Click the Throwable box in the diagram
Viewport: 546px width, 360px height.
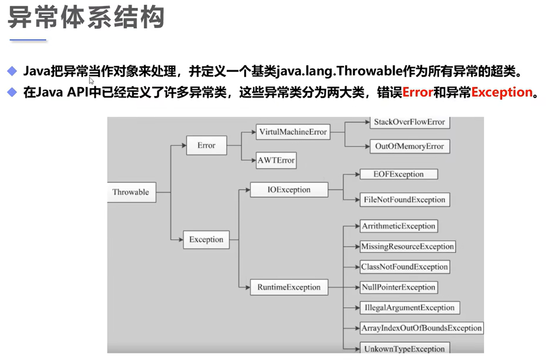coord(131,192)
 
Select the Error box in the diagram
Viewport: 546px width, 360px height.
coord(206,146)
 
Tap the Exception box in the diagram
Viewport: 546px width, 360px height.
coord(206,240)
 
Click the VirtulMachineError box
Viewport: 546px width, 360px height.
coord(293,132)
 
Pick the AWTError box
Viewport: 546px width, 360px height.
coord(276,160)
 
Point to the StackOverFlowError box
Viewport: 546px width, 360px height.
coord(409,122)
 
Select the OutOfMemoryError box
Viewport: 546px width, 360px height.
coord(409,146)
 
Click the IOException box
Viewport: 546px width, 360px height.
coord(289,190)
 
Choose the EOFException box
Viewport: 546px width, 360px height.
coord(399,174)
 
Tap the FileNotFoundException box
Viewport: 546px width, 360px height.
coord(405,200)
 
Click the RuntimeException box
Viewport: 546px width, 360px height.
coord(289,287)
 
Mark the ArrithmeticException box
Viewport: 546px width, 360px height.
coord(399,226)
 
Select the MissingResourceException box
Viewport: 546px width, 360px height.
coord(408,246)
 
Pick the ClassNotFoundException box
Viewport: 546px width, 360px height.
coord(404,267)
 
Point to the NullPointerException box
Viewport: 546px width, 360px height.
coord(399,287)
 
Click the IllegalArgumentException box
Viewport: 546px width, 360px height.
coord(409,308)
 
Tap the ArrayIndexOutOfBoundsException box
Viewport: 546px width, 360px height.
coord(422,328)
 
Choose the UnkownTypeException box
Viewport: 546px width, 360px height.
coord(405,348)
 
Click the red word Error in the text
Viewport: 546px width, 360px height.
coord(418,92)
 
